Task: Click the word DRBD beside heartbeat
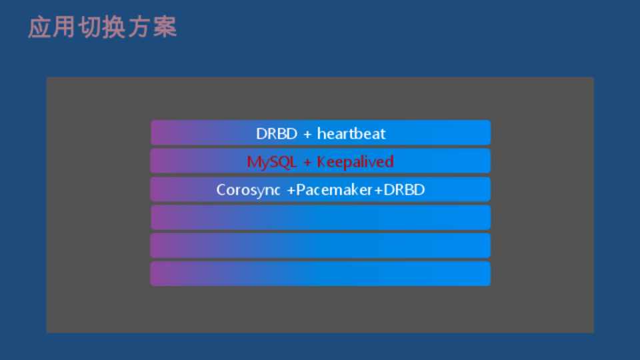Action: click(277, 134)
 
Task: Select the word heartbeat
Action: click(351, 133)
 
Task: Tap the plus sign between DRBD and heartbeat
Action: click(307, 134)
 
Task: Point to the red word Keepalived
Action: click(355, 162)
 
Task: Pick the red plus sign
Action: click(307, 163)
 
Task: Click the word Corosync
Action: click(248, 190)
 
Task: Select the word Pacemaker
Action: click(334, 190)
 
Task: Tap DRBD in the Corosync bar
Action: click(404, 190)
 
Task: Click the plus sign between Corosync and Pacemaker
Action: click(291, 190)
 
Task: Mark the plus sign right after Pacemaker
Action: click(378, 190)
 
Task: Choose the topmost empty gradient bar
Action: click(321, 217)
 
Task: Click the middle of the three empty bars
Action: click(321, 246)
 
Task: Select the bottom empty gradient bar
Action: click(321, 274)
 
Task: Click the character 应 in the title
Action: click(39, 27)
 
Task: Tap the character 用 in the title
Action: click(65, 27)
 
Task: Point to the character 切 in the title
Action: click(90, 27)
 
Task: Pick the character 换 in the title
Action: click(115, 27)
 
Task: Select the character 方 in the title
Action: click(139, 27)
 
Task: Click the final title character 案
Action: click(165, 27)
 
